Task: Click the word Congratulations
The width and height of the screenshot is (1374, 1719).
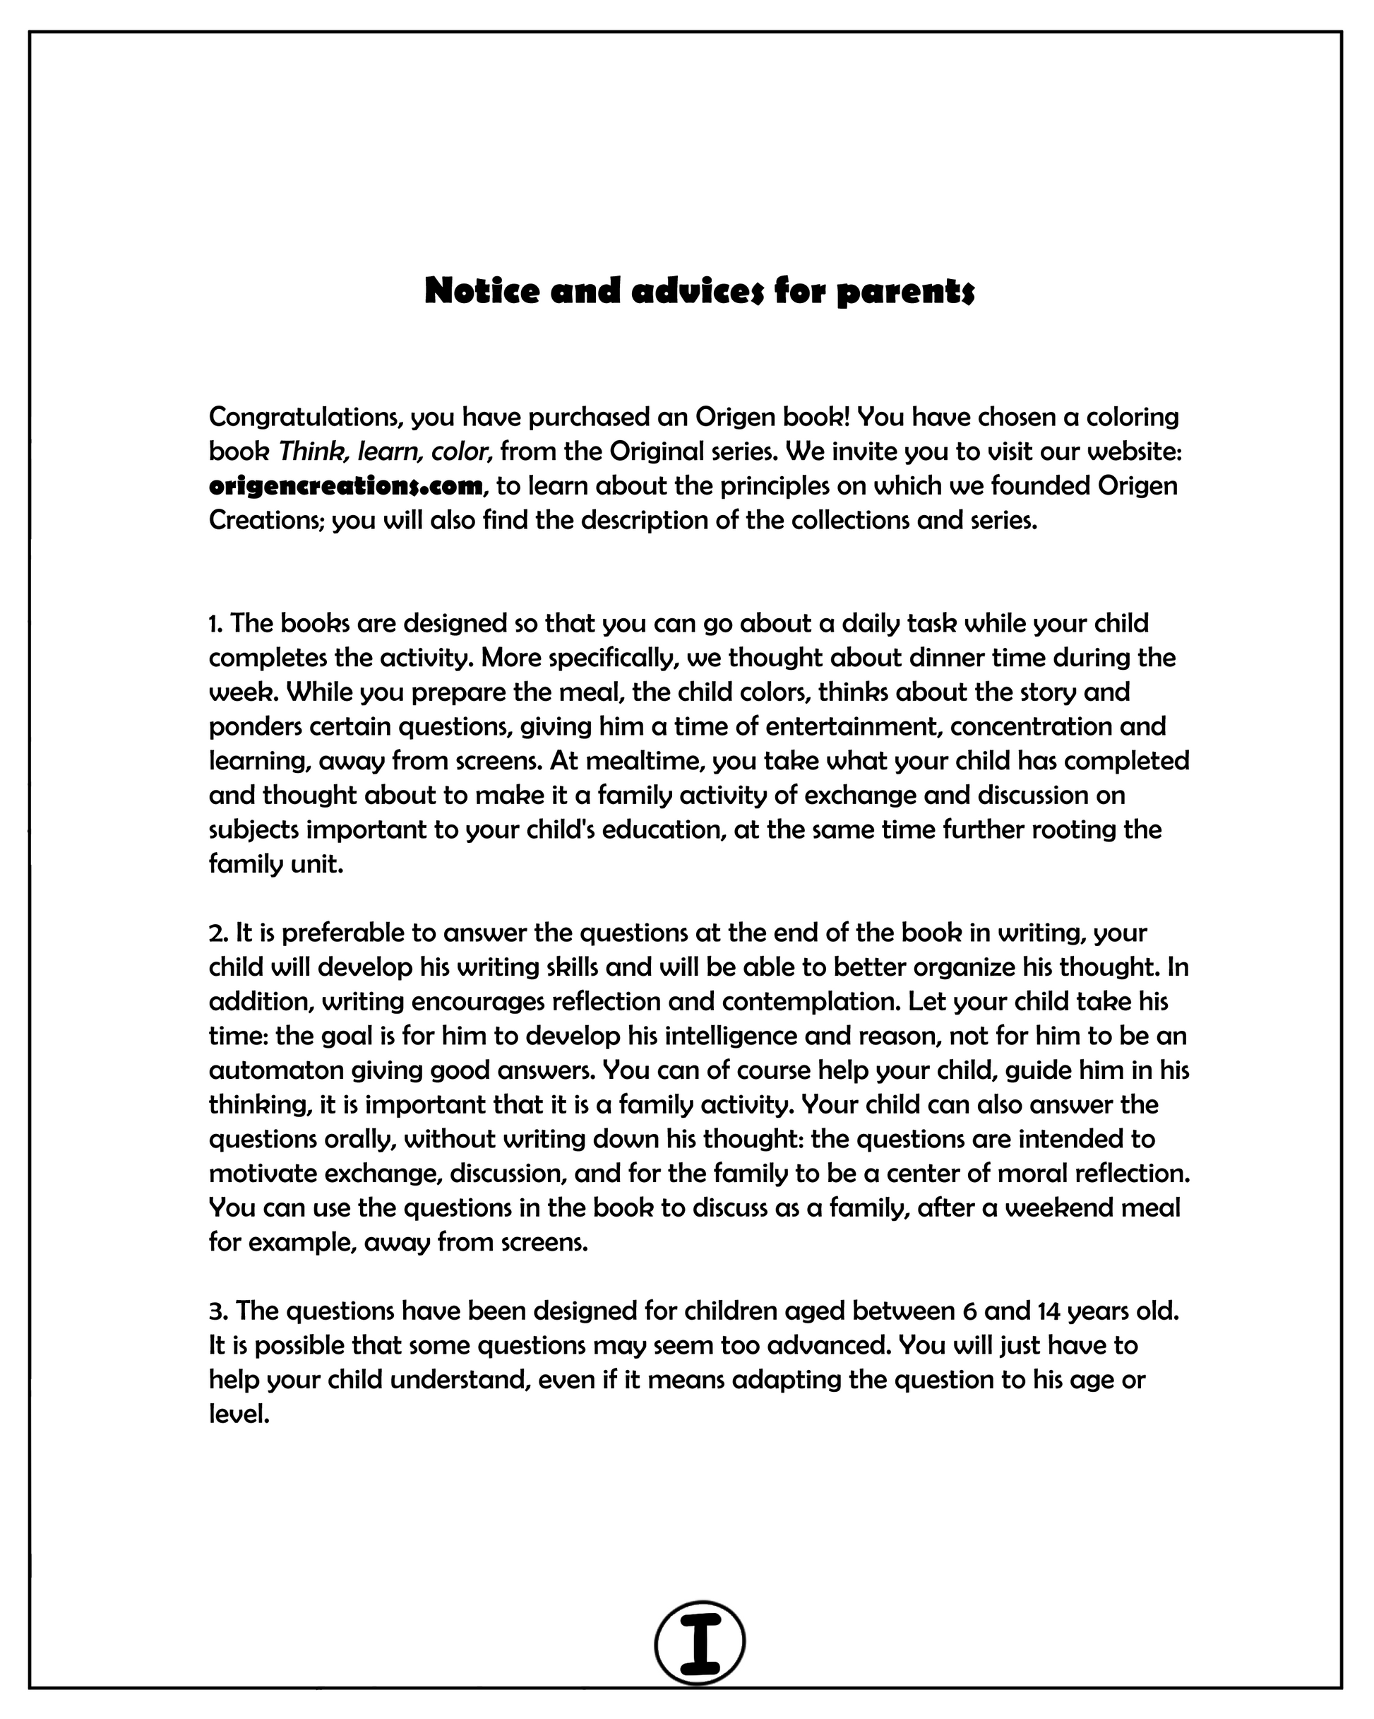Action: point(303,417)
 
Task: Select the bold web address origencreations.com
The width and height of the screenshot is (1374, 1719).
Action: point(346,485)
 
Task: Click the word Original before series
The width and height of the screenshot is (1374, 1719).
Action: point(657,451)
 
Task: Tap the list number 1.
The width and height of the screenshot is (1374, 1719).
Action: point(215,622)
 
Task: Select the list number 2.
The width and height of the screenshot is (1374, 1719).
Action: point(217,932)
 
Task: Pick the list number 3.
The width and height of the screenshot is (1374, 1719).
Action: point(217,1311)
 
